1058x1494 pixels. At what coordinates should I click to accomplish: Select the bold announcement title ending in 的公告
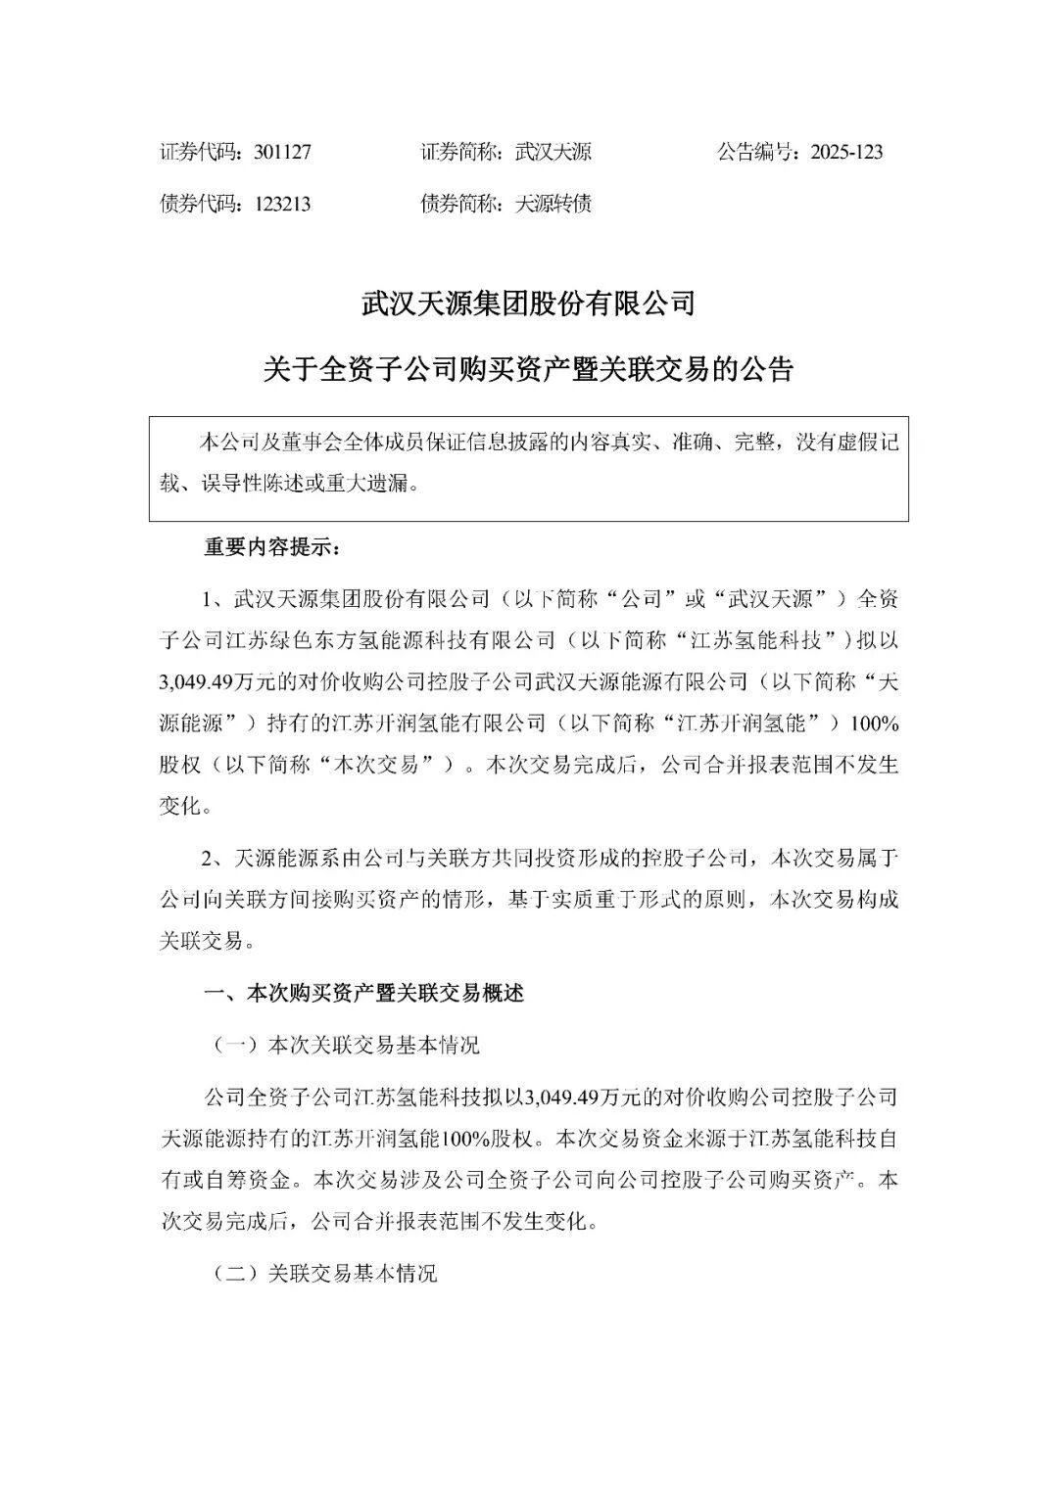coord(528,370)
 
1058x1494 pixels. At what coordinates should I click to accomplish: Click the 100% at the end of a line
coord(876,724)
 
